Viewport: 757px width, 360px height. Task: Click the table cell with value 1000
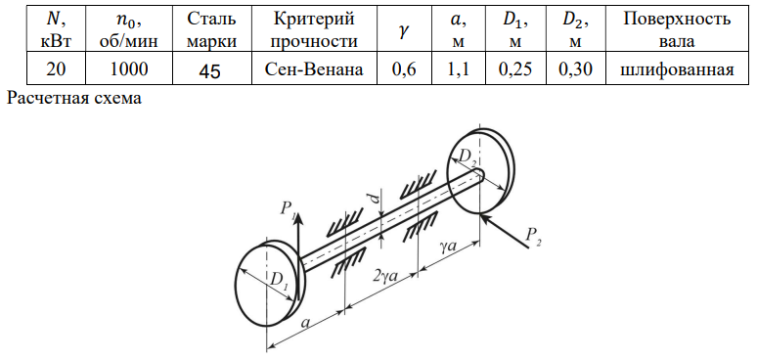coord(128,70)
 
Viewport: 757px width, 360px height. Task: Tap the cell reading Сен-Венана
coord(314,70)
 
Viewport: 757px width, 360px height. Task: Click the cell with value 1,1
coord(458,70)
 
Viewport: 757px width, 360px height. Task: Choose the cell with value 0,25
coord(515,70)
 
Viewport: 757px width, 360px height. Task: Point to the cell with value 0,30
coord(576,70)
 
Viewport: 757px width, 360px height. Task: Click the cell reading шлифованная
coord(677,70)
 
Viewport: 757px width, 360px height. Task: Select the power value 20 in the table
coord(57,70)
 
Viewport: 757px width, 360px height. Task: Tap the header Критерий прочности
coord(314,30)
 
